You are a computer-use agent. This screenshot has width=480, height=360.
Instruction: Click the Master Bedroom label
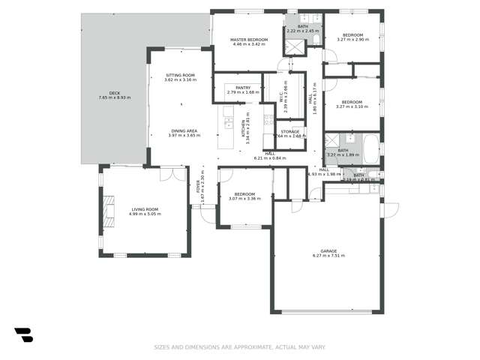[248, 42]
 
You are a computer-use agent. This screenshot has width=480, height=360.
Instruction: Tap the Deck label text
[115, 95]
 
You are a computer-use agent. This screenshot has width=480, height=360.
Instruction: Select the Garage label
[328, 253]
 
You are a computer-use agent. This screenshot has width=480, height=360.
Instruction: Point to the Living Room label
[145, 211]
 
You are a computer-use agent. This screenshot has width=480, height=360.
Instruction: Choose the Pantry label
[243, 90]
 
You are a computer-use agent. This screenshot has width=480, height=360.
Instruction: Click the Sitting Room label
[180, 77]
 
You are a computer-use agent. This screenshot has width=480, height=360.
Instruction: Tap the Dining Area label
[183, 133]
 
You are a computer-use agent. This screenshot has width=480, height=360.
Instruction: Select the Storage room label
[289, 133]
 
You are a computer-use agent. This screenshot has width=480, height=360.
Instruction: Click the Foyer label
[199, 185]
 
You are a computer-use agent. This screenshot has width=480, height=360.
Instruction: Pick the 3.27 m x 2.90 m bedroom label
[352, 37]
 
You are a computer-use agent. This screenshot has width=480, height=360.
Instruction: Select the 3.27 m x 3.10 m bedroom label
[352, 104]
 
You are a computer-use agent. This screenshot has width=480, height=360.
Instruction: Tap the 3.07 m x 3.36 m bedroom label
[244, 196]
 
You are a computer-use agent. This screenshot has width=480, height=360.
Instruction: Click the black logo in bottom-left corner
[23, 334]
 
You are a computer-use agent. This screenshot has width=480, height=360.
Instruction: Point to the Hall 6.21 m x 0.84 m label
[270, 155]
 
